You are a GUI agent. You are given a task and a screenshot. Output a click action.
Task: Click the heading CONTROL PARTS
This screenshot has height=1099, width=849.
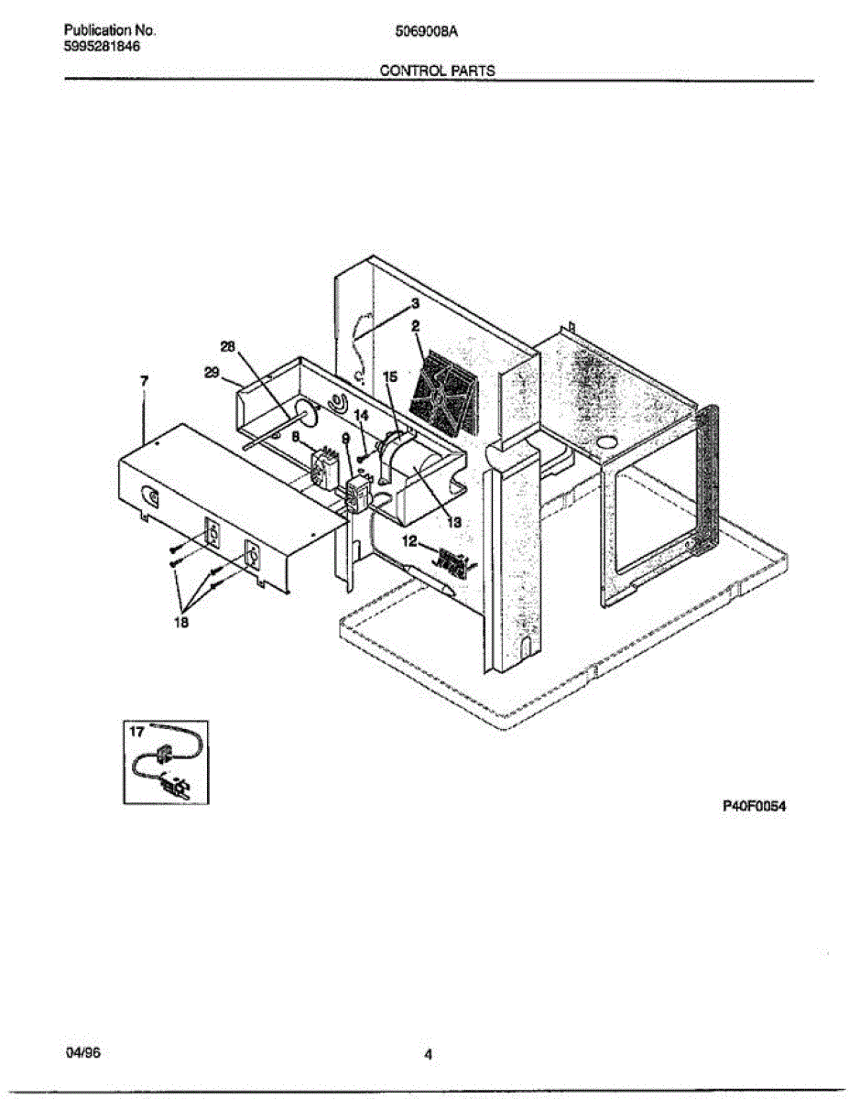coord(437,71)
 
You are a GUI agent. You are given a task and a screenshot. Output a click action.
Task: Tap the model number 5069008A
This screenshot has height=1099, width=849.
coord(425,30)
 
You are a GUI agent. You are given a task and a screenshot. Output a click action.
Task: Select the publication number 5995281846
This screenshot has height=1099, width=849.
coord(103,47)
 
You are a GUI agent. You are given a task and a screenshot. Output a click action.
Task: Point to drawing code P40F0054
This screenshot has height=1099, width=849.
coord(755,807)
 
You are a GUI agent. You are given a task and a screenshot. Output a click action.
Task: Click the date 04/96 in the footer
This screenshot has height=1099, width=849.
coord(83,1054)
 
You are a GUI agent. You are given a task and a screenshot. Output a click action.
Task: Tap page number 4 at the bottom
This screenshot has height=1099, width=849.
coord(427,1055)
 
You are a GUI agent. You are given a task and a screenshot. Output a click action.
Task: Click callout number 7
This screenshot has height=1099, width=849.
coord(146,379)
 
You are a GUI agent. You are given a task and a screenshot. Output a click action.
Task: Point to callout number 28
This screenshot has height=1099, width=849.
coord(228,345)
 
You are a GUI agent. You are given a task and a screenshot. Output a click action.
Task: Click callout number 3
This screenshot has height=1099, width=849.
coord(414,303)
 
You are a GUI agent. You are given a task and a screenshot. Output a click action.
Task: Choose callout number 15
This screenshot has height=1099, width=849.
coord(389,375)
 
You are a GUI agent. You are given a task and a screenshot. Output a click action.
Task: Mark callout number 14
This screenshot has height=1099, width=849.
coord(362,416)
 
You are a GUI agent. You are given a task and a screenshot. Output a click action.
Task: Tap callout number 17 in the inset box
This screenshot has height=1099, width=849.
coord(137,732)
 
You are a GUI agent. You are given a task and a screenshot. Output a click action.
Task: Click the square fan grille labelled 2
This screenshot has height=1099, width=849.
coord(444,395)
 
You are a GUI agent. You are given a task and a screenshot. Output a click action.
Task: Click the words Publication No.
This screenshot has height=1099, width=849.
coord(104,30)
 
